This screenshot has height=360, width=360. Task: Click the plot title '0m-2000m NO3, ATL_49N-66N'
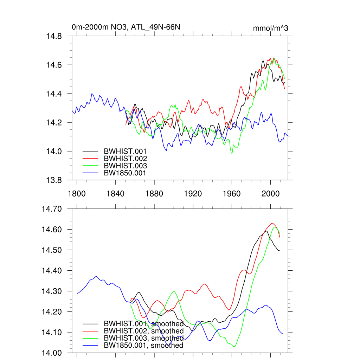pyautogui.click(x=126, y=27)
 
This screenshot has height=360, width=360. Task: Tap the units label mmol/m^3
pyautogui.click(x=270, y=28)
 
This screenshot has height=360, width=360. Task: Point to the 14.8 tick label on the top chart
pyautogui.click(x=54, y=36)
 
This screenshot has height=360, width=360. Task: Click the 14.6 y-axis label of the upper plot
pyautogui.click(x=54, y=65)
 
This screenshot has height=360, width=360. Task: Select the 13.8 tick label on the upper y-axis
pyautogui.click(x=54, y=180)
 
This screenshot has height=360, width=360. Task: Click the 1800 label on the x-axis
pyautogui.click(x=77, y=194)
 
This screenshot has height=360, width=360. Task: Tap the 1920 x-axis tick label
pyautogui.click(x=193, y=194)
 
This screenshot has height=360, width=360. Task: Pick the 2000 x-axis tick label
pyautogui.click(x=271, y=194)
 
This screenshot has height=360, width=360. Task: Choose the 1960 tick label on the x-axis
pyautogui.click(x=232, y=194)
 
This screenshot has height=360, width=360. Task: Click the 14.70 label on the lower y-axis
pyautogui.click(x=52, y=209)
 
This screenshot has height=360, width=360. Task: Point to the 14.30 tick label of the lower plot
pyautogui.click(x=52, y=291)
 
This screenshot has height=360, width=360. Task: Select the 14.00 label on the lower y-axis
pyautogui.click(x=52, y=353)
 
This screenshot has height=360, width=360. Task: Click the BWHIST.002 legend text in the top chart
pyautogui.click(x=125, y=158)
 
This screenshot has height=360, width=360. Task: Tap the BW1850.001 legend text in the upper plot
pyautogui.click(x=125, y=173)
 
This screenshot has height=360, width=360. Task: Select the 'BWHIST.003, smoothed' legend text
pyautogui.click(x=143, y=338)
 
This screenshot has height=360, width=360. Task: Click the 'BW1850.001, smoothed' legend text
pyautogui.click(x=143, y=346)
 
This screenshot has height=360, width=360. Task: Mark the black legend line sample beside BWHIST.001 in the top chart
pyautogui.click(x=90, y=151)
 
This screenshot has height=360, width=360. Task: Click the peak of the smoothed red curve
pyautogui.click(x=272, y=223)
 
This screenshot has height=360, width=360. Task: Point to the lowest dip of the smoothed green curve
pyautogui.click(x=234, y=347)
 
